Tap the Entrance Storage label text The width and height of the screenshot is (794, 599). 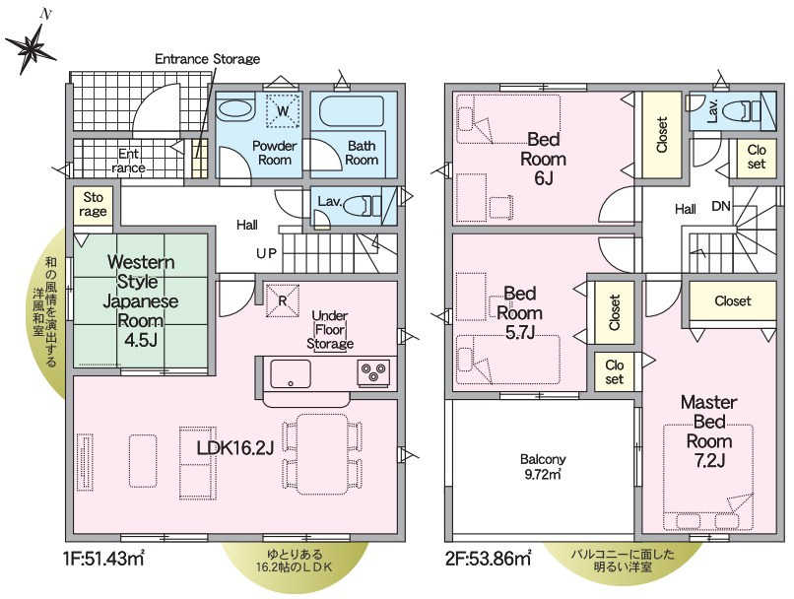(207, 59)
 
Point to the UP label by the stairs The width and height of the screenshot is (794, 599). (266, 253)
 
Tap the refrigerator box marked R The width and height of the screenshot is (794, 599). (282, 300)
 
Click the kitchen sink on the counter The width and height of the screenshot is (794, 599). (291, 372)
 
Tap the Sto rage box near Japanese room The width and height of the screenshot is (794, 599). (94, 204)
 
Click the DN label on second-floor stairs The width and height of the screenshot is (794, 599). (721, 208)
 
